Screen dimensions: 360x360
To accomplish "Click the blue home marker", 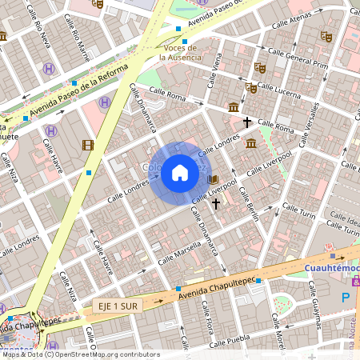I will click(180, 173).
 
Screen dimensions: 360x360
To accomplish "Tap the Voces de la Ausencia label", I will click(178, 53).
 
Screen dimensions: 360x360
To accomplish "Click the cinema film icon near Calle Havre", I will click(87, 145).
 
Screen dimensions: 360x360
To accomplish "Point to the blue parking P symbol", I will click(346, 298).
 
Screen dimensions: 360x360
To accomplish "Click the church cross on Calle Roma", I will click(247, 122).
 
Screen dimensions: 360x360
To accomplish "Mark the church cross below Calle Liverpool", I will click(215, 203).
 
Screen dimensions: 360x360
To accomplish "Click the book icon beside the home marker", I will click(213, 179).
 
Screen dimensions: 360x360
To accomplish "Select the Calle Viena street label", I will click(214, 70).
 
